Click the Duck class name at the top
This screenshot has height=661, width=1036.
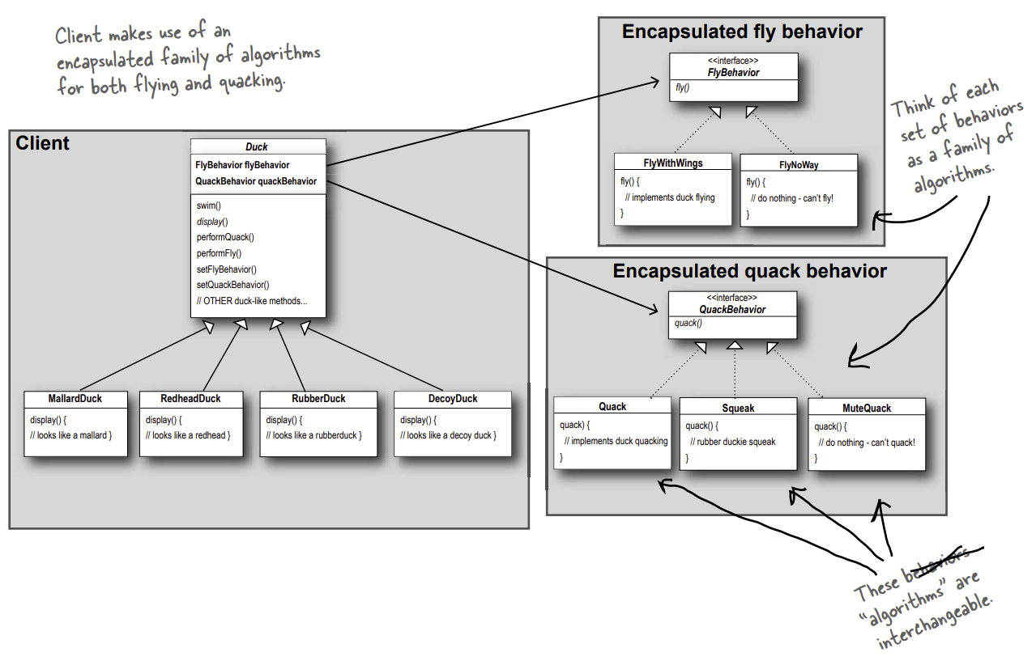(x=257, y=147)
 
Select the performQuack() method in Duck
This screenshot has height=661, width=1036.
(x=225, y=237)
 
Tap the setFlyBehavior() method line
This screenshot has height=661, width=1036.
(x=226, y=269)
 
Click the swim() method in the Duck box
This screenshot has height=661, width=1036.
(x=209, y=206)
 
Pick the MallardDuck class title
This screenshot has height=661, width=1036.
(x=75, y=399)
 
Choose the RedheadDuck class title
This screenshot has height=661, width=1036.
(x=191, y=399)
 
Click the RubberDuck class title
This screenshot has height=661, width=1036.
(x=318, y=399)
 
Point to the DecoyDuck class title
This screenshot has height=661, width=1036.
(x=453, y=399)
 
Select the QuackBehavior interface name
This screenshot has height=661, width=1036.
(x=732, y=310)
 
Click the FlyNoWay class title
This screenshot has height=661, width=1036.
(x=799, y=164)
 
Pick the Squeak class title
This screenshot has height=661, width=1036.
(x=738, y=408)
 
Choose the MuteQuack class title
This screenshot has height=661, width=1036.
(x=867, y=408)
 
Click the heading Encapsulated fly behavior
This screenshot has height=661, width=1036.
(x=742, y=32)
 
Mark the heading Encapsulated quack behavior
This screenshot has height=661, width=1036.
(x=749, y=271)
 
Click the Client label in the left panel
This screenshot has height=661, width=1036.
(x=43, y=144)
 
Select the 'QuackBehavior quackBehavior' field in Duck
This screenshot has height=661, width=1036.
(x=256, y=181)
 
